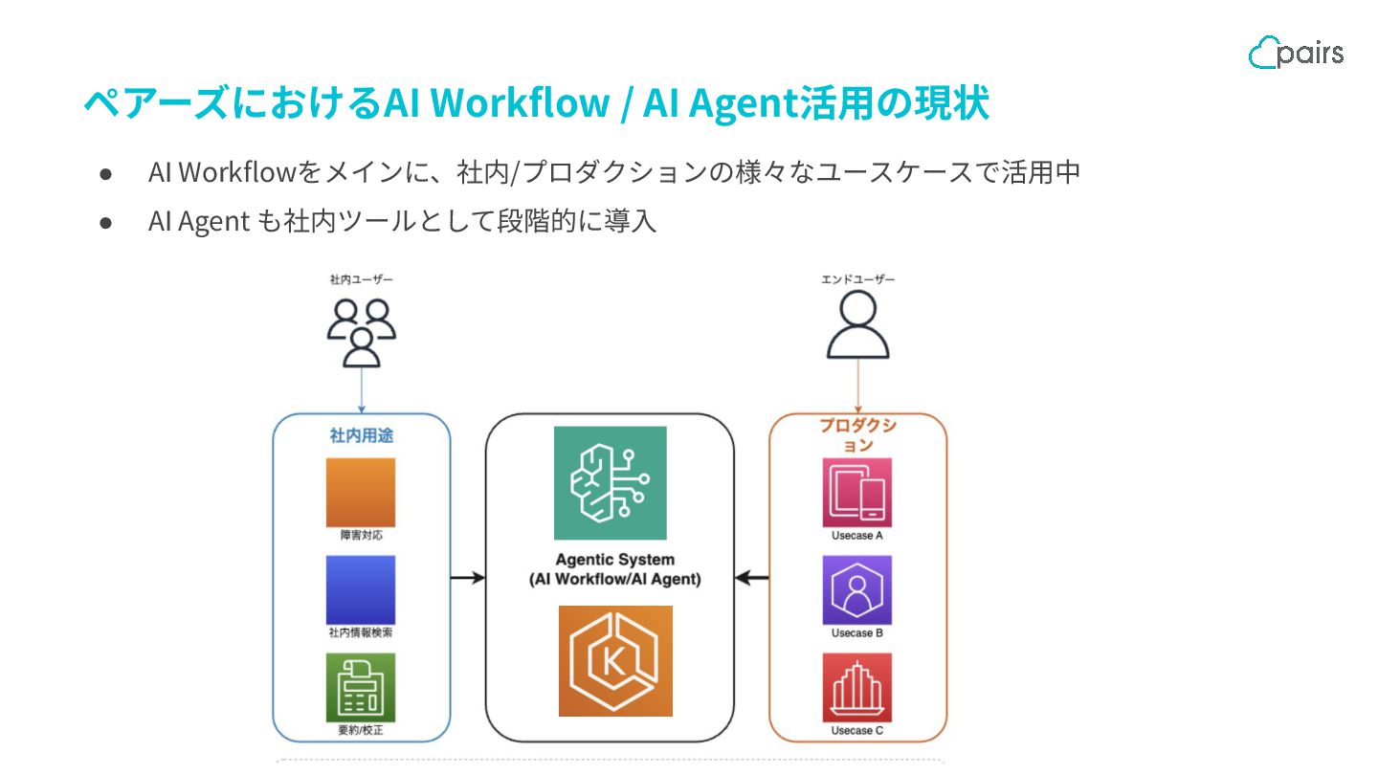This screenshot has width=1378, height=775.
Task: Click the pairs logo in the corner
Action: click(1296, 52)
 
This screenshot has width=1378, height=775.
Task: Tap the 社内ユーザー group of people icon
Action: click(361, 332)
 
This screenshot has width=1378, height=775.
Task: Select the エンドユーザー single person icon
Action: click(857, 324)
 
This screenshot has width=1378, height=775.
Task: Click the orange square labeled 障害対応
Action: click(361, 492)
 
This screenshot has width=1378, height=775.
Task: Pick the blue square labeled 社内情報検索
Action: click(361, 589)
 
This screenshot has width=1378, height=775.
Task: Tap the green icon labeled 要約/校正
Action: click(361, 687)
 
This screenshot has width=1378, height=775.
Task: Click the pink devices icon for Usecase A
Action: click(857, 492)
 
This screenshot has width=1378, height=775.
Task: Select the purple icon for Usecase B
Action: click(857, 589)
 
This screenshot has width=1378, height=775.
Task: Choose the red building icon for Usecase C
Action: click(857, 687)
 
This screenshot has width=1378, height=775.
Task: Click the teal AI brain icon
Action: click(611, 482)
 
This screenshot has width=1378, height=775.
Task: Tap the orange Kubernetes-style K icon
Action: click(615, 660)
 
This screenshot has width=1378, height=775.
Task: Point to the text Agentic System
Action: click(615, 560)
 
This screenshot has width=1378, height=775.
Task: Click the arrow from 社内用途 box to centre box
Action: click(468, 577)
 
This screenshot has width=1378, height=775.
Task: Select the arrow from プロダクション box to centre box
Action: click(752, 577)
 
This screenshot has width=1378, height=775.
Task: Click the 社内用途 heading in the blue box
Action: click(361, 435)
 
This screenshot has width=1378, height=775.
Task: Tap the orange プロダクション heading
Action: click(857, 435)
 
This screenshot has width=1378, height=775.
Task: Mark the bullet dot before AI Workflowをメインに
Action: click(106, 173)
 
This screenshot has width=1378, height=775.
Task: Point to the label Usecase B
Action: click(857, 633)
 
